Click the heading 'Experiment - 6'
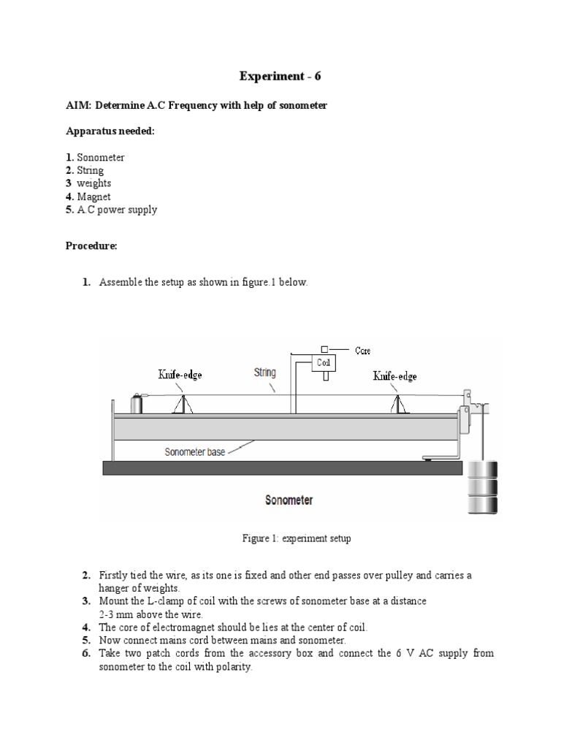[280, 76]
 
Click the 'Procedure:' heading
[91, 246]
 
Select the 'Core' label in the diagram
[363, 351]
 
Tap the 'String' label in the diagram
[265, 373]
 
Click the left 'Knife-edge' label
[180, 375]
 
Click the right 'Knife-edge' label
[395, 376]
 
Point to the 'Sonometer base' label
[195, 452]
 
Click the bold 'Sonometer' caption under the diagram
[289, 500]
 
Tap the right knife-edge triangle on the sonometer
[399, 402]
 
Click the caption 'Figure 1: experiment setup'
[297, 539]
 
